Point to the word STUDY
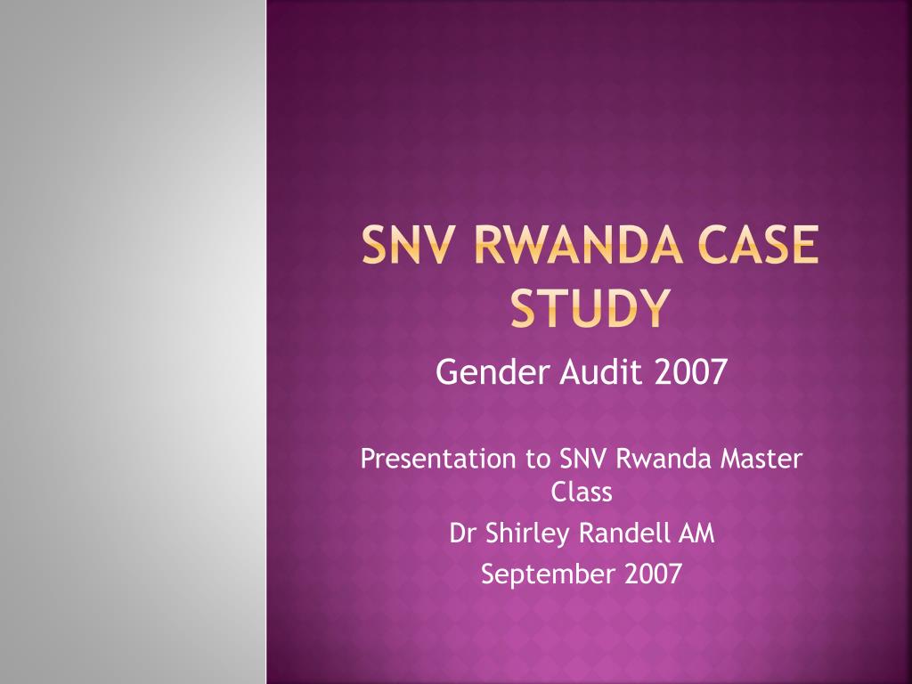pos(590,307)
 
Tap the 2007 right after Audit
pos(690,371)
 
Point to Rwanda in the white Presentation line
pos(663,459)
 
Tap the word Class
pos(582,492)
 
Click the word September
pos(548,574)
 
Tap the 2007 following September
pos(653,574)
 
